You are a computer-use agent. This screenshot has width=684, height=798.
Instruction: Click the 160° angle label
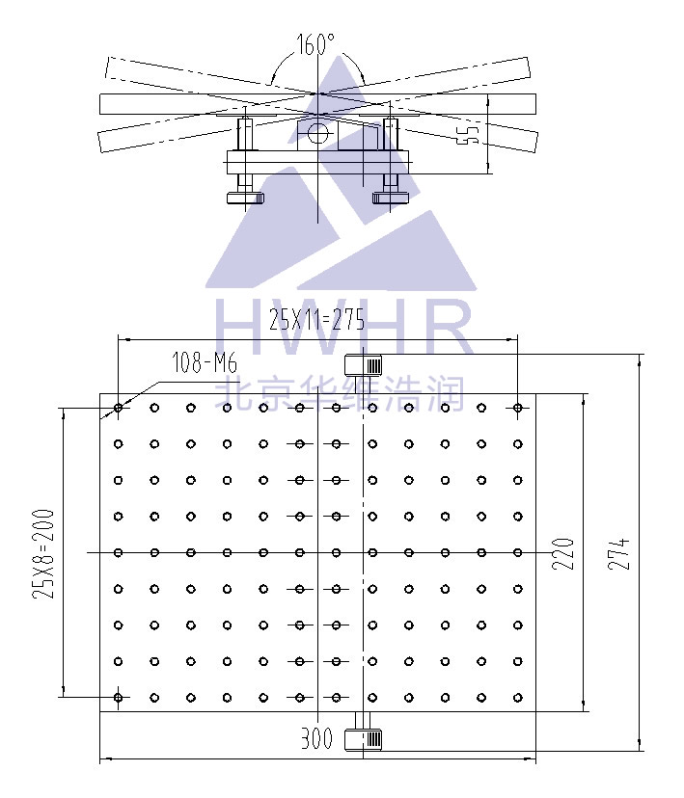click(x=315, y=44)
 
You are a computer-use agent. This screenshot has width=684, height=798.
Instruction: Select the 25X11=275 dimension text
click(x=316, y=320)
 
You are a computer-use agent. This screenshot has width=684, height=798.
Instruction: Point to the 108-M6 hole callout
click(x=205, y=362)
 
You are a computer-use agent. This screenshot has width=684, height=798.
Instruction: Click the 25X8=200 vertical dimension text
click(x=43, y=553)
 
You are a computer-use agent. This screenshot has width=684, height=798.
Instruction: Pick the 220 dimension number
click(x=563, y=553)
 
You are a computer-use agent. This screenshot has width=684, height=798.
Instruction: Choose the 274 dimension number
click(x=619, y=553)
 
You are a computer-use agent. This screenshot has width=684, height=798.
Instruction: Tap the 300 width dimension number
click(x=316, y=738)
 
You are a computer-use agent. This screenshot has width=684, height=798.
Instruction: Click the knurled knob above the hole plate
click(x=363, y=365)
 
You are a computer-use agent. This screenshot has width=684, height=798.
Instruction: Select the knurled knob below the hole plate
click(x=363, y=739)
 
